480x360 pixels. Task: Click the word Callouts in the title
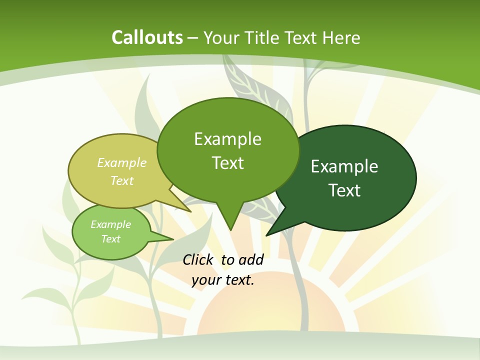tap(147, 37)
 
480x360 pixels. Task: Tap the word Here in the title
tap(341, 38)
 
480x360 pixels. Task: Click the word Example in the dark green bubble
tap(344, 166)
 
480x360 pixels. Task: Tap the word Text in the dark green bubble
tap(344, 190)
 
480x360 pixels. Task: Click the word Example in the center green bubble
tap(227, 139)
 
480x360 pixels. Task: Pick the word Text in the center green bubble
tap(227, 163)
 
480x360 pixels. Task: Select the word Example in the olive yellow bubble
tap(121, 163)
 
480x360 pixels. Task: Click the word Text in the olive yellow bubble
tap(121, 180)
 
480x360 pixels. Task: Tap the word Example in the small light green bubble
tap(110, 224)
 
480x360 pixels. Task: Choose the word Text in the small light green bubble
tap(110, 239)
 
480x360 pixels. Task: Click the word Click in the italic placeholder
tap(199, 260)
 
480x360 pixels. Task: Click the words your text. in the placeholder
tap(223, 280)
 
